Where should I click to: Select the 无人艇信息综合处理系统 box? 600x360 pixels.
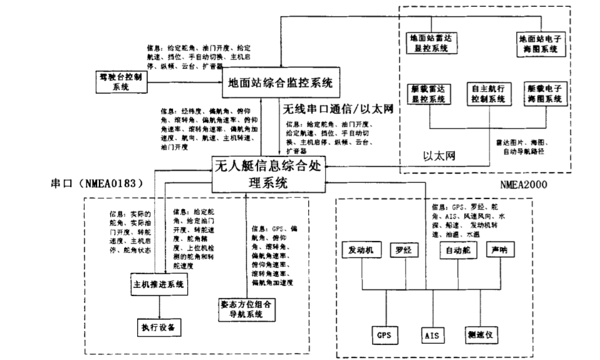[x=269, y=175]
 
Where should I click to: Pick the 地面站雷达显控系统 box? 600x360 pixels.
[x=430, y=43]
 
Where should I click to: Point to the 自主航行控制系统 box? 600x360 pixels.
[x=485, y=93]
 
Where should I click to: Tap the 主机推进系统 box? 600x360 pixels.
[x=160, y=285]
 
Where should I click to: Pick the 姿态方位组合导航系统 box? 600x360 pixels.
[x=243, y=309]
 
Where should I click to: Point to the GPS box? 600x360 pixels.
[x=384, y=335]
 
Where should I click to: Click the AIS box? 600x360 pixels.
[x=432, y=335]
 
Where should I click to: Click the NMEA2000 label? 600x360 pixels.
[x=524, y=185]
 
